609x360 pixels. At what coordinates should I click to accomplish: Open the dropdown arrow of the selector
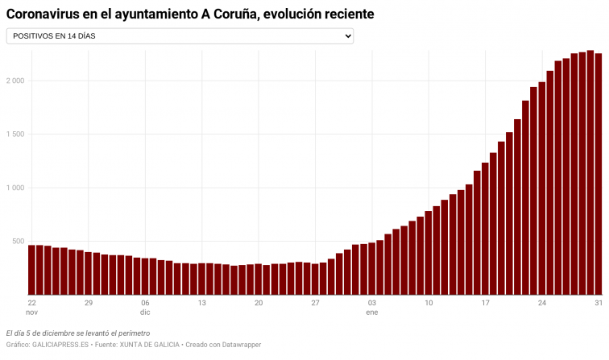coord(348,36)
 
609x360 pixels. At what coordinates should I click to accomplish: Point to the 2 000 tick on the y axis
coord(14,81)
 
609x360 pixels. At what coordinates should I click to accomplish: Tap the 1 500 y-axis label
coord(14,134)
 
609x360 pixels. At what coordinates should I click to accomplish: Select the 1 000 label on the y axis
coord(14,188)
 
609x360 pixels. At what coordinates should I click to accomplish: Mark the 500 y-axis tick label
coord(17,242)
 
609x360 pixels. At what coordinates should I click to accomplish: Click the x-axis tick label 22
coord(32,303)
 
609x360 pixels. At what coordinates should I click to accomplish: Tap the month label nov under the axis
coord(32,312)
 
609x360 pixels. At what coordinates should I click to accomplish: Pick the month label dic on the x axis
coord(145,312)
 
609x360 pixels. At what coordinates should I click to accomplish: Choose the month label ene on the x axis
coord(372,312)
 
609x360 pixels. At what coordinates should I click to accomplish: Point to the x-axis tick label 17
coord(485,303)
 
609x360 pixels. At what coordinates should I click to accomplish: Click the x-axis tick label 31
coord(599,303)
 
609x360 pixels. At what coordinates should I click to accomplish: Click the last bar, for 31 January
coord(599,174)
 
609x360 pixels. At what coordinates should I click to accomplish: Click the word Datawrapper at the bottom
coord(239,345)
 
